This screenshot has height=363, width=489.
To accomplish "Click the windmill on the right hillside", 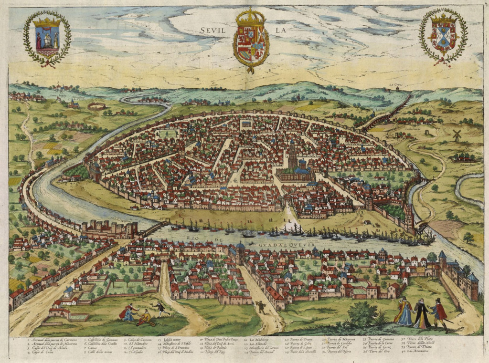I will (x=457, y=135).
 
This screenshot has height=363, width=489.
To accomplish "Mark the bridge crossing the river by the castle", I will (x=153, y=228).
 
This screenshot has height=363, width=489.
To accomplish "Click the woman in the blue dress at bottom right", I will (x=404, y=312).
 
